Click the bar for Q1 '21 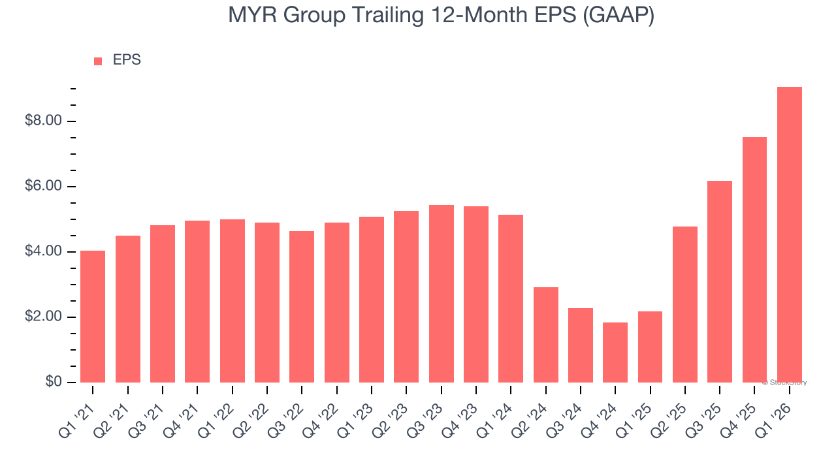(x=93, y=317)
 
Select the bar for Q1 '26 (x=789, y=235)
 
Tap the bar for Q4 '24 (x=615, y=352)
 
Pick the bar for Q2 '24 (x=545, y=335)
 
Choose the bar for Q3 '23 (x=441, y=294)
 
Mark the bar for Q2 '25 (x=685, y=304)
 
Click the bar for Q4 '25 (x=754, y=260)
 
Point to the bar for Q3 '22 (x=302, y=307)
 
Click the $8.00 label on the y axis (x=42, y=121)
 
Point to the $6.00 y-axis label (x=42, y=187)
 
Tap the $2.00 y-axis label (x=42, y=317)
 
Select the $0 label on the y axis (x=54, y=383)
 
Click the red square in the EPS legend (x=98, y=61)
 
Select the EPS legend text (x=127, y=60)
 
